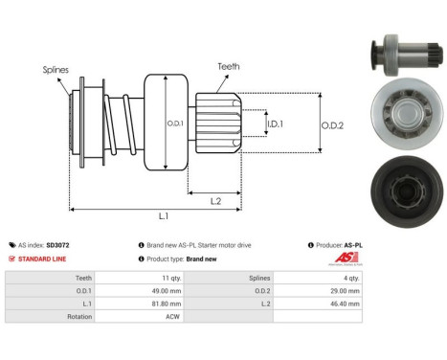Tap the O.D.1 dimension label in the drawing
(x=175, y=122)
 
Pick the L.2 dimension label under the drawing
(x=218, y=199)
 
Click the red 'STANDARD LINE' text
(x=49, y=259)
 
